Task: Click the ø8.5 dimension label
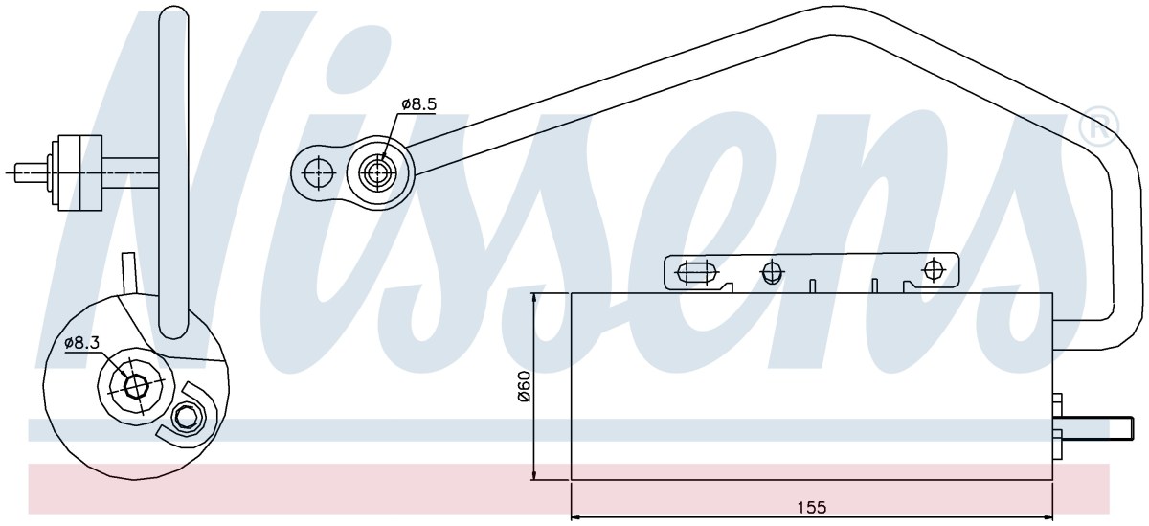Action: pyautogui.click(x=418, y=104)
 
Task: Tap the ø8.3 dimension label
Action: pyautogui.click(x=82, y=343)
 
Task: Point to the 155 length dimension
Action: pyautogui.click(x=812, y=508)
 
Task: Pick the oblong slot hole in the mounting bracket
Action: pyautogui.click(x=697, y=272)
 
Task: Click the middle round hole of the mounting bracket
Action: pyautogui.click(x=771, y=271)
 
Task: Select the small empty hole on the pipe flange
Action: pyautogui.click(x=318, y=172)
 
